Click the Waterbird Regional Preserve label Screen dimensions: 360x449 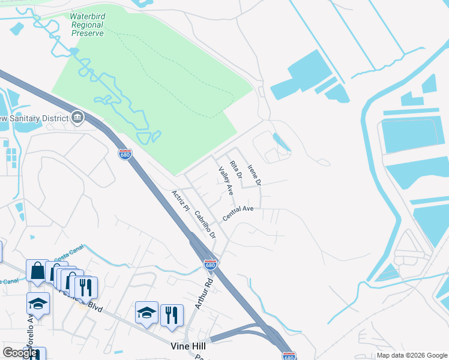point(88,25)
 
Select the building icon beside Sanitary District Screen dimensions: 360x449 point(77,117)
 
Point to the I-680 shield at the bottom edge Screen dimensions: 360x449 point(289,356)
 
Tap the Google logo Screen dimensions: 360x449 point(20,353)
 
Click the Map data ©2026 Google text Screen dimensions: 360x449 point(412,355)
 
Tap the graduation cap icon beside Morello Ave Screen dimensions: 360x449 point(38,304)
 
